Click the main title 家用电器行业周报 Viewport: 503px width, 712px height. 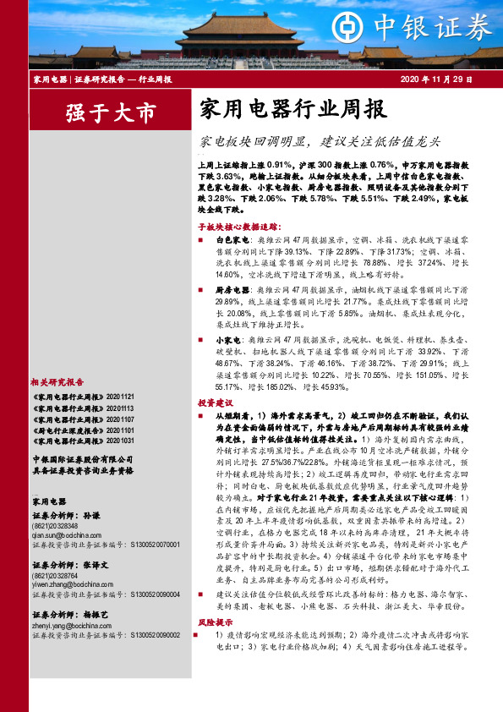point(293,109)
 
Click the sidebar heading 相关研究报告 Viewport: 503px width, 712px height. point(57,381)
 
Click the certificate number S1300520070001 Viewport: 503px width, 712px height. point(155,545)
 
